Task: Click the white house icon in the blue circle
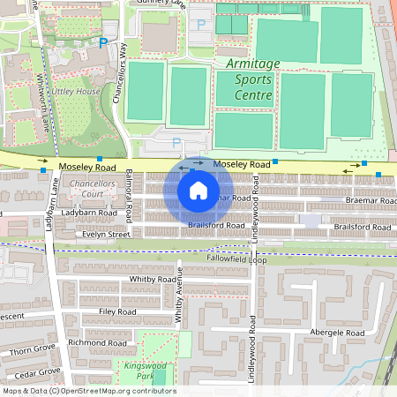pyautogui.click(x=198, y=190)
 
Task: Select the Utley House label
pyautogui.click(x=75, y=91)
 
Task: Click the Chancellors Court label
pyautogui.click(x=94, y=188)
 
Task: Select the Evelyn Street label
pyautogui.click(x=107, y=235)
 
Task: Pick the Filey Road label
pyautogui.click(x=118, y=311)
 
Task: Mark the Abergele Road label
pyautogui.click(x=338, y=333)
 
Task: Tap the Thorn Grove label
pyautogui.click(x=33, y=350)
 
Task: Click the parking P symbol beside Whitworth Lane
pyautogui.click(x=103, y=41)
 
